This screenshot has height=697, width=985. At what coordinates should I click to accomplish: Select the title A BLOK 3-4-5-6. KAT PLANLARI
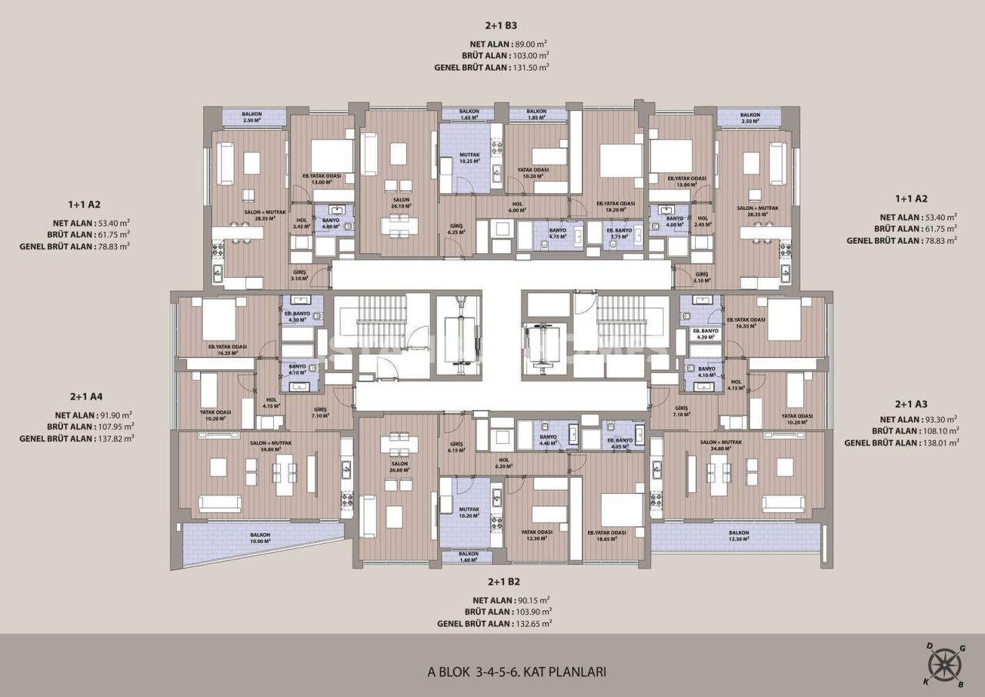tap(516, 672)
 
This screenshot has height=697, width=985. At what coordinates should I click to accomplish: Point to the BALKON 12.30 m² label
tap(739, 536)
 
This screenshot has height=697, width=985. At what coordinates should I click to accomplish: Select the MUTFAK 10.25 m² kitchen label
tap(469, 158)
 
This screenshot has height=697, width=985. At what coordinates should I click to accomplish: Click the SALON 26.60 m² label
tap(399, 467)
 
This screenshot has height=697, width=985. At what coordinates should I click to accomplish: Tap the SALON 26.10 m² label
tap(399, 202)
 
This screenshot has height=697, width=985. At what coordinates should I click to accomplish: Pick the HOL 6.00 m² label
tap(518, 207)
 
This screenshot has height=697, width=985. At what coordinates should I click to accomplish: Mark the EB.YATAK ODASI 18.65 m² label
tap(606, 535)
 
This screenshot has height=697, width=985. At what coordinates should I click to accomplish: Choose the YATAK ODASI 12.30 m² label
tap(533, 535)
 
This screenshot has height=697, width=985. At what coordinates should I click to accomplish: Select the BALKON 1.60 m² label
tap(469, 557)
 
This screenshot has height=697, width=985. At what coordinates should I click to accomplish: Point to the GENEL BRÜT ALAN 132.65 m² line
tap(492, 624)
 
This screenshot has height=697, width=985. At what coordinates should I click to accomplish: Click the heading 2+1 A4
tap(86, 397)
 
